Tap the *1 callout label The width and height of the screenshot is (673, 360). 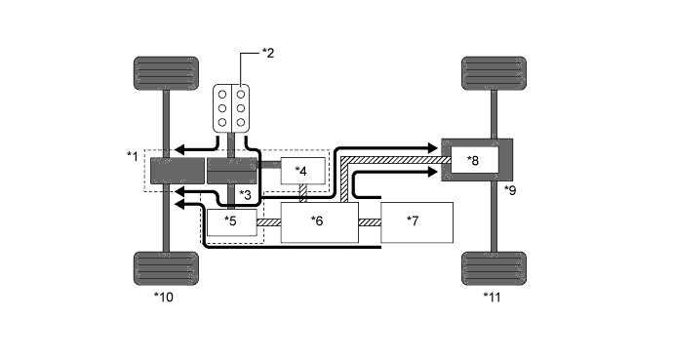click(x=133, y=155)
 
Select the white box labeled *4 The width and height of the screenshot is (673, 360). click(x=302, y=171)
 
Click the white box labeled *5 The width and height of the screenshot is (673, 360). click(x=231, y=221)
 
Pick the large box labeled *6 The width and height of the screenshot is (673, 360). click(x=319, y=222)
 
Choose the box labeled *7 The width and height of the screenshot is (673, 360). click(x=417, y=222)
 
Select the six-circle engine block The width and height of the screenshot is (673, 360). click(x=232, y=108)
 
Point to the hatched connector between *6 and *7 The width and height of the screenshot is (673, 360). click(x=370, y=223)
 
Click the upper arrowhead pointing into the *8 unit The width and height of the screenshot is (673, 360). click(x=430, y=147)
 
